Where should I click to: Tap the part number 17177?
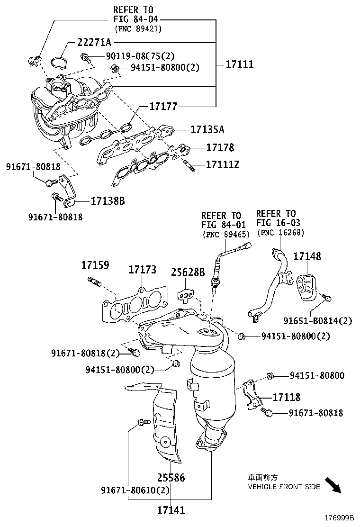point(163,107)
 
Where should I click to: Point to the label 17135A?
point(207,129)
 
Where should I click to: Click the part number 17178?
point(220,148)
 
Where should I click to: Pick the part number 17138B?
point(108,201)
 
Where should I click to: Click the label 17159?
point(95,265)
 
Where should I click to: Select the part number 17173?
point(142,270)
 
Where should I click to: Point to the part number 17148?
point(307,256)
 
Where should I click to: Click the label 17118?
point(286,397)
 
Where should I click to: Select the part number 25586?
point(171,477)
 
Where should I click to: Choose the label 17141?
point(171,510)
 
